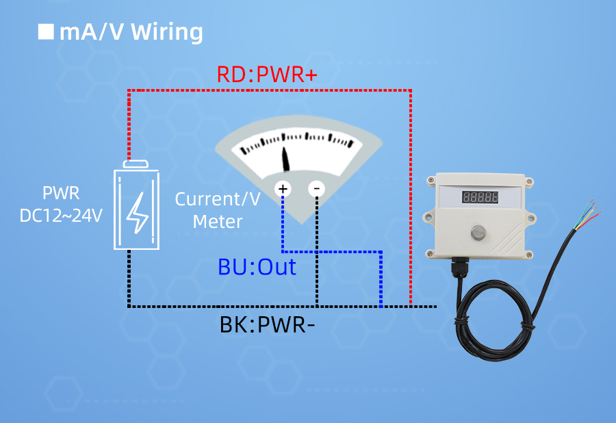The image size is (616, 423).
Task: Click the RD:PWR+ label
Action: click(267, 74)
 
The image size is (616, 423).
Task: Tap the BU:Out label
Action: click(257, 267)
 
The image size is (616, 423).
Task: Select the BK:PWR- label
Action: click(268, 324)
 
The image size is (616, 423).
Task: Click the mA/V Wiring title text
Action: click(131, 32)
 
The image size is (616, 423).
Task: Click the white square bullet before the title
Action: click(46, 31)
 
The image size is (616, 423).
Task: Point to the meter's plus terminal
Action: click(283, 189)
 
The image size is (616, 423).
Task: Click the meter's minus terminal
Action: click(316, 189)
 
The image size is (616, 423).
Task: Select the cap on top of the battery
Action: click(136, 164)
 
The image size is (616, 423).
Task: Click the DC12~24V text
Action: click(61, 216)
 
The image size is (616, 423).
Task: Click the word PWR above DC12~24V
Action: click(61, 192)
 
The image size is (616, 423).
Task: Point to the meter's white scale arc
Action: click(298, 144)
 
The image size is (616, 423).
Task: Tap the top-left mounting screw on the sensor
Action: click(431, 181)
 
